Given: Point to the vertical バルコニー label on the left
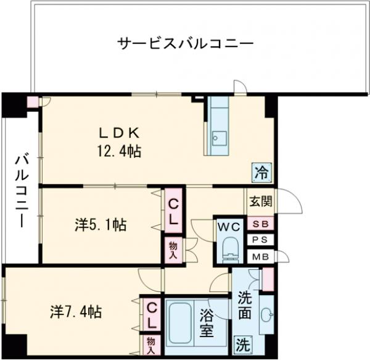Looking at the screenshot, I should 20,191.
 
